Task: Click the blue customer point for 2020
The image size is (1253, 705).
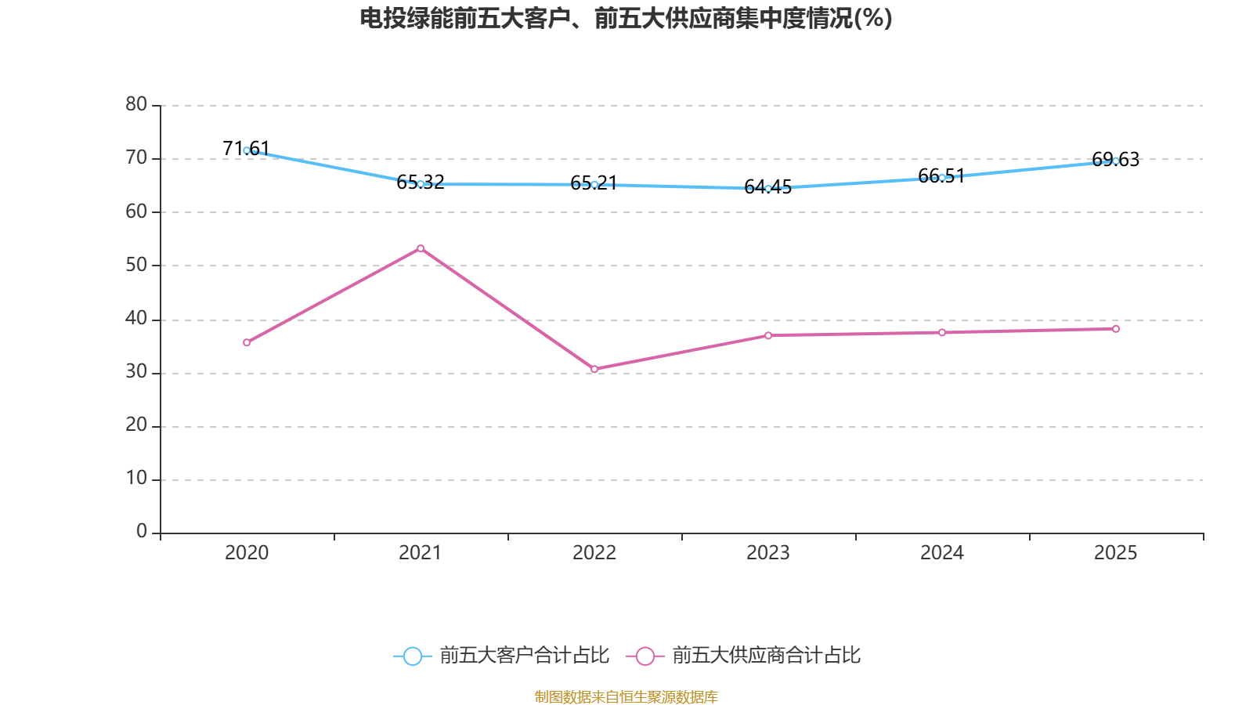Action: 247,150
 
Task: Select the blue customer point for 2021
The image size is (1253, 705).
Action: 421,184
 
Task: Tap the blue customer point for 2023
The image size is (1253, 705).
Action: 768,189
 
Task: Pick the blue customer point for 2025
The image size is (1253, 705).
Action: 1116,161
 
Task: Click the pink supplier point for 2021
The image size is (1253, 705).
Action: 421,248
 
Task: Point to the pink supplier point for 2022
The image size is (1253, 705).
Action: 594,369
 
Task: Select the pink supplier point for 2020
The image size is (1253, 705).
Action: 247,342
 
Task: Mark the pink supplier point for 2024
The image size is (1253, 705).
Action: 942,333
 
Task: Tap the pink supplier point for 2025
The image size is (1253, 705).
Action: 1116,329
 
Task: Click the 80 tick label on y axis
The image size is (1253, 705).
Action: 136,104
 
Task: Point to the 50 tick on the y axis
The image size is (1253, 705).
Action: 136,265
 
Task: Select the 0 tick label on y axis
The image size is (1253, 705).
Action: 142,532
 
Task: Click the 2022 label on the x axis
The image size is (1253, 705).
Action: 594,553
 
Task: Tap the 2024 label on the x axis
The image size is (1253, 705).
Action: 942,553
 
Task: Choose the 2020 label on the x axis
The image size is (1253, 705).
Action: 247,553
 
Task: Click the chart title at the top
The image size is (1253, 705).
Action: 626,18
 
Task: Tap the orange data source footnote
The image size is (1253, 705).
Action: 626,696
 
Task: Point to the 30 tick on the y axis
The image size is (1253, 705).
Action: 136,372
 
